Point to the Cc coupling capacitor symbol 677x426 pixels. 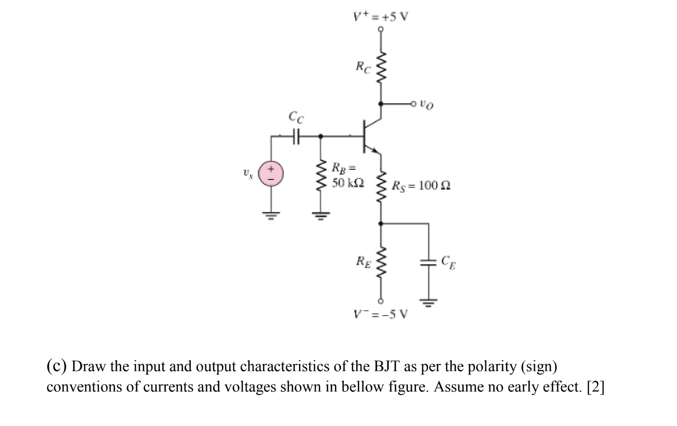click(296, 137)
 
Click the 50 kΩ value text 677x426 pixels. click(346, 183)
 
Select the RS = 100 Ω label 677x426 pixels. click(421, 186)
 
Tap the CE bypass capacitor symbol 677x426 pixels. click(428, 262)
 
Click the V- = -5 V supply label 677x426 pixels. click(381, 314)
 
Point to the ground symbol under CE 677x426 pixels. click(428, 304)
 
